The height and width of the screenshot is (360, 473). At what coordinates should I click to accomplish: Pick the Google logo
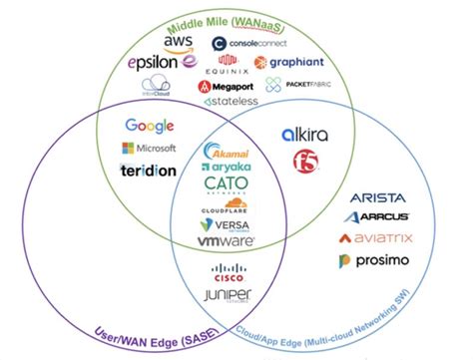pyautogui.click(x=150, y=126)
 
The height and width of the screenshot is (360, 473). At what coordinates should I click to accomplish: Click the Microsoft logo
pyautogui.click(x=150, y=148)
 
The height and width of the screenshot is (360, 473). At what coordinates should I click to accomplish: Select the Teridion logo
pyautogui.click(x=148, y=170)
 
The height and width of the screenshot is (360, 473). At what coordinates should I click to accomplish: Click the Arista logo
pyautogui.click(x=375, y=195)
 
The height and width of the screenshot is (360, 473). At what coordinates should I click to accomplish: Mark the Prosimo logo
pyautogui.click(x=374, y=261)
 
